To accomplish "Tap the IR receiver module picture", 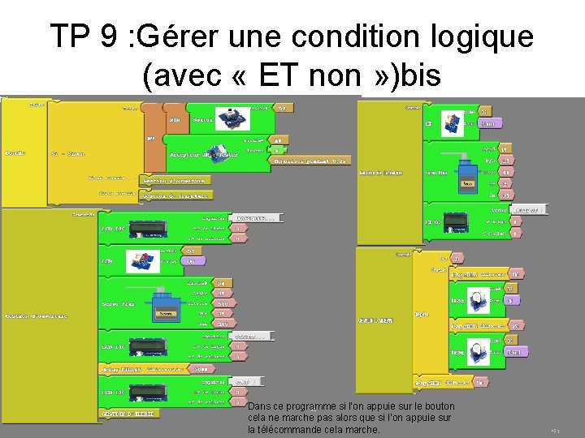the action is point(212,153).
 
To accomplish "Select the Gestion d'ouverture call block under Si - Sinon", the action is point(175,180).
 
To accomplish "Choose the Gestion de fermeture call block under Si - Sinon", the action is point(175,195).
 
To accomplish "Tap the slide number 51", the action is point(556,431).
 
